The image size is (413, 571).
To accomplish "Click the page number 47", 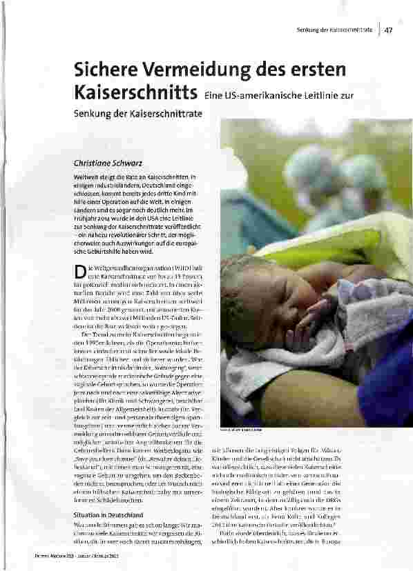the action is (389, 30).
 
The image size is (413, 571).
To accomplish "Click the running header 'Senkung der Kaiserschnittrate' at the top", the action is (334, 30).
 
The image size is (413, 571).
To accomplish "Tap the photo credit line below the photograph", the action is (241, 431).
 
